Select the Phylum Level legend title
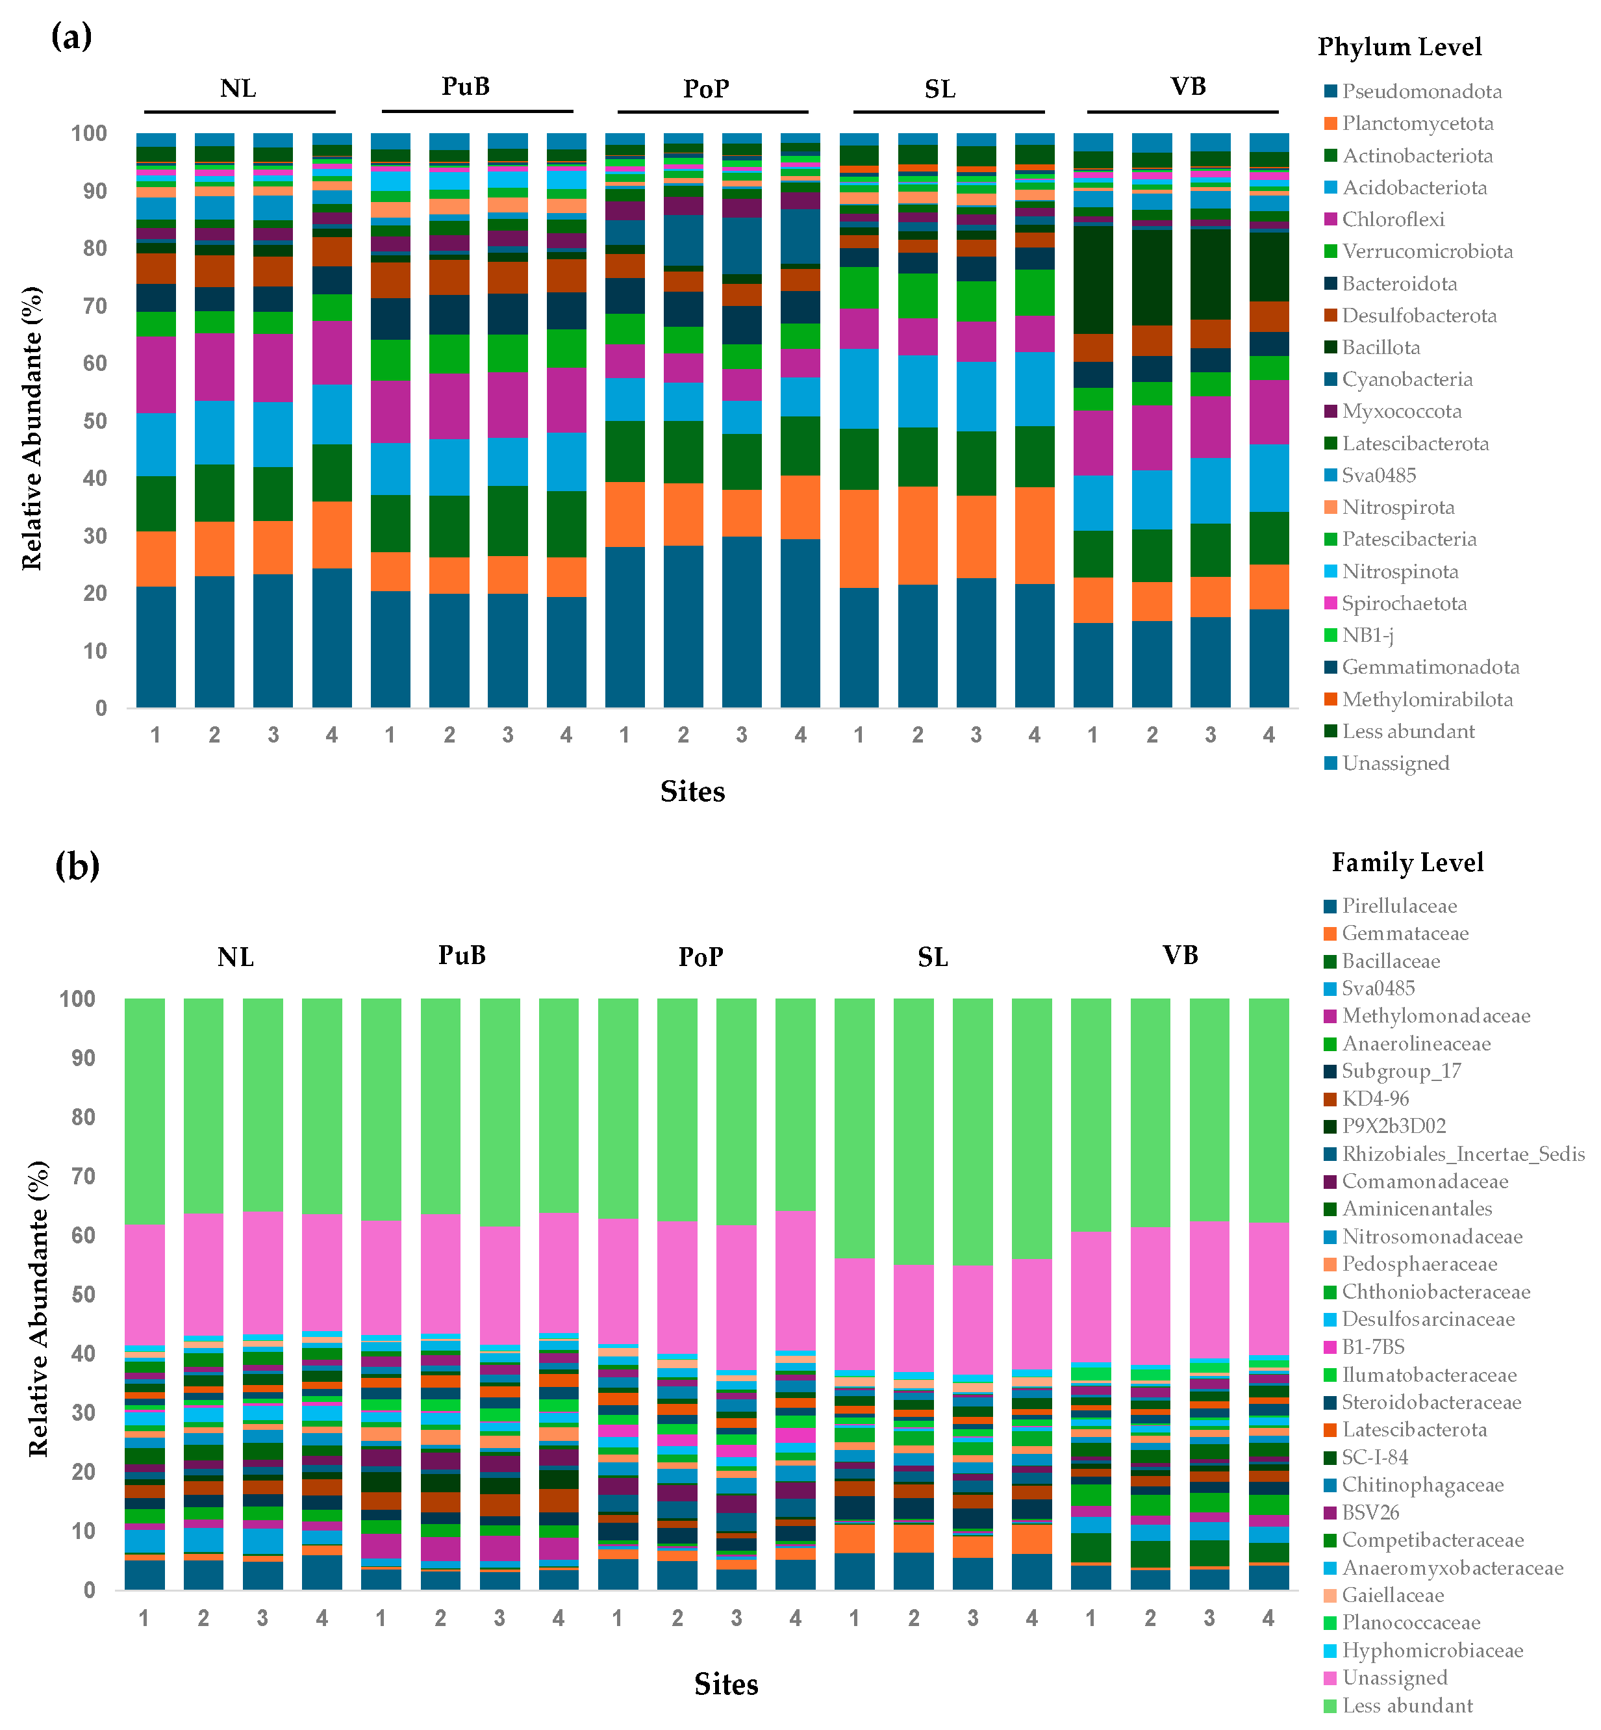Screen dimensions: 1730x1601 click(x=1399, y=47)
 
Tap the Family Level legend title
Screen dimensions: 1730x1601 click(x=1407, y=862)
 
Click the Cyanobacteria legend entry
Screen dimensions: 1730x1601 click(x=1407, y=379)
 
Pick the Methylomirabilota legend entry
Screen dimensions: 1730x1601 click(x=1427, y=700)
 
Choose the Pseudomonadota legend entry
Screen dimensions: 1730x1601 click(x=1422, y=92)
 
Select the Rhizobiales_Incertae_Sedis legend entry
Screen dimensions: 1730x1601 click(x=1463, y=1154)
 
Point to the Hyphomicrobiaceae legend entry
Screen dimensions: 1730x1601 click(x=1432, y=1650)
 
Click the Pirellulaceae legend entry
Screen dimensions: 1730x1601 click(x=1399, y=906)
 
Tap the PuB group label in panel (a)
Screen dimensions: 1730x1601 click(x=465, y=86)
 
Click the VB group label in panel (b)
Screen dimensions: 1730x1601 click(x=1180, y=955)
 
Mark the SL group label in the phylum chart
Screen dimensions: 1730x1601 click(x=940, y=89)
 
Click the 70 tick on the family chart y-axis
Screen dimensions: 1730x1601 click(x=83, y=1176)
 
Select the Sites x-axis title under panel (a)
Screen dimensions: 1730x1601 click(x=692, y=791)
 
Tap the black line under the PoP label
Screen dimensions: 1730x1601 click(x=712, y=112)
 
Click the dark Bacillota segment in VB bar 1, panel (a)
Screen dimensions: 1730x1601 click(x=1092, y=279)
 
